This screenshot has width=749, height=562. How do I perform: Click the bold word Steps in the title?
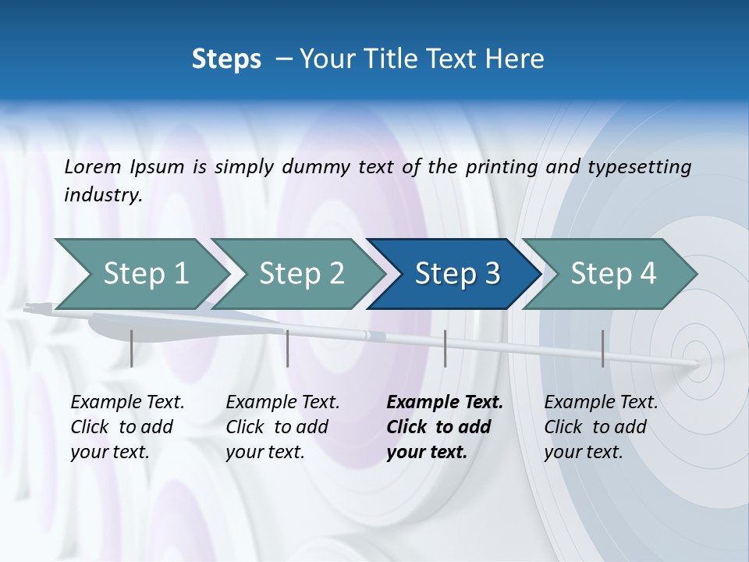(x=226, y=59)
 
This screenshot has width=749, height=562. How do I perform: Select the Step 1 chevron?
(x=140, y=274)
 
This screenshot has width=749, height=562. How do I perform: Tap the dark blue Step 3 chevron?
(x=454, y=274)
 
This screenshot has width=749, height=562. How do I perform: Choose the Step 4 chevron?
(x=611, y=274)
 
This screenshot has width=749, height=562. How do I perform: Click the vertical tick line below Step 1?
(x=132, y=348)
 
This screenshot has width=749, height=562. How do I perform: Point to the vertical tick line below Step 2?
(x=288, y=348)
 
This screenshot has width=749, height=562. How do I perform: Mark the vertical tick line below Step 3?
(x=445, y=348)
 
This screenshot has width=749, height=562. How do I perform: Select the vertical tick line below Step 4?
(x=602, y=348)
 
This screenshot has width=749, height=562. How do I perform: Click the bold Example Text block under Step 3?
(x=444, y=427)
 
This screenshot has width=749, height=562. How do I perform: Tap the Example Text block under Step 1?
(x=126, y=427)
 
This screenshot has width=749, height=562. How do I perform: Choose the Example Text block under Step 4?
(x=600, y=427)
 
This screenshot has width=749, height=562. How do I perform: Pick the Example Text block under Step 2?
(x=282, y=427)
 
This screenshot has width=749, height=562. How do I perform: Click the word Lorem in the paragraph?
(x=92, y=166)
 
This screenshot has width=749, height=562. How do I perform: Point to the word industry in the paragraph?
(x=102, y=194)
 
